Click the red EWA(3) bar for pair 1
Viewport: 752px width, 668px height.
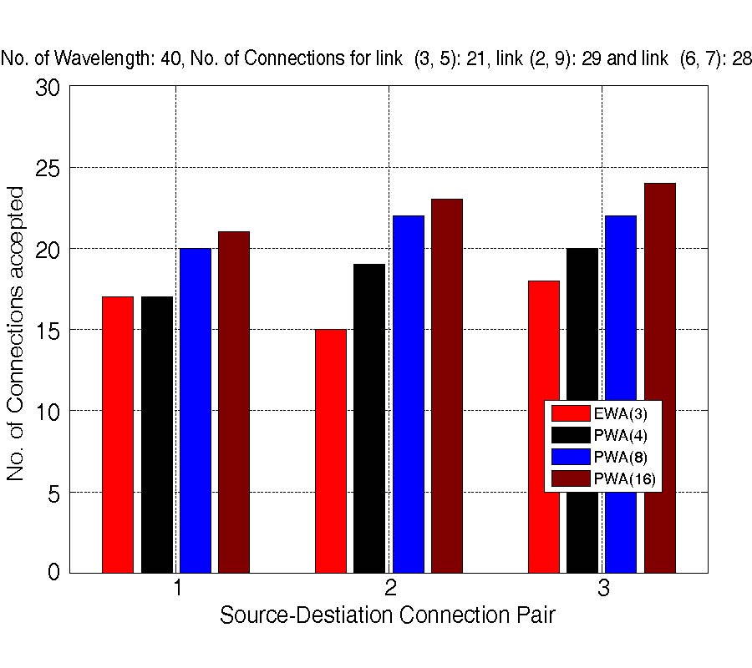[118, 434]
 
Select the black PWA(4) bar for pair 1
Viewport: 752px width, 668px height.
[157, 434]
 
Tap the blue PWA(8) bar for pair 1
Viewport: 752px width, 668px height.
[196, 410]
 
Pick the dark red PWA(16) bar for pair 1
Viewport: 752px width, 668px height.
[234, 402]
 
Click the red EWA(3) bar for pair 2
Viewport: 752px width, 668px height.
[331, 451]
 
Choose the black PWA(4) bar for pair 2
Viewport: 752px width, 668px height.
[369, 418]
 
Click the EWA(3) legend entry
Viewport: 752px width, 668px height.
[602, 412]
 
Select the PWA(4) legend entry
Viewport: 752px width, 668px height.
[602, 434]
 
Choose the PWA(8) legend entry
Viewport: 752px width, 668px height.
[602, 457]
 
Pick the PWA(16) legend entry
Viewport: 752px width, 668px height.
[602, 478]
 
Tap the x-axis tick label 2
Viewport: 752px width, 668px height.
[390, 590]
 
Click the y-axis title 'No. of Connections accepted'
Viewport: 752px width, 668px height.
[17, 334]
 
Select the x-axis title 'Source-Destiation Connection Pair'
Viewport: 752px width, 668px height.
[388, 616]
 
